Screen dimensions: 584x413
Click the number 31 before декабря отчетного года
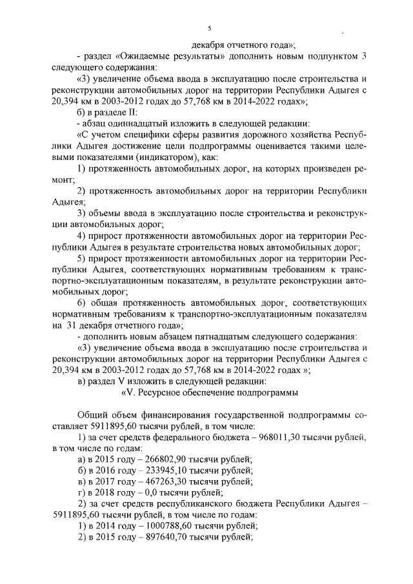click(74, 326)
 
